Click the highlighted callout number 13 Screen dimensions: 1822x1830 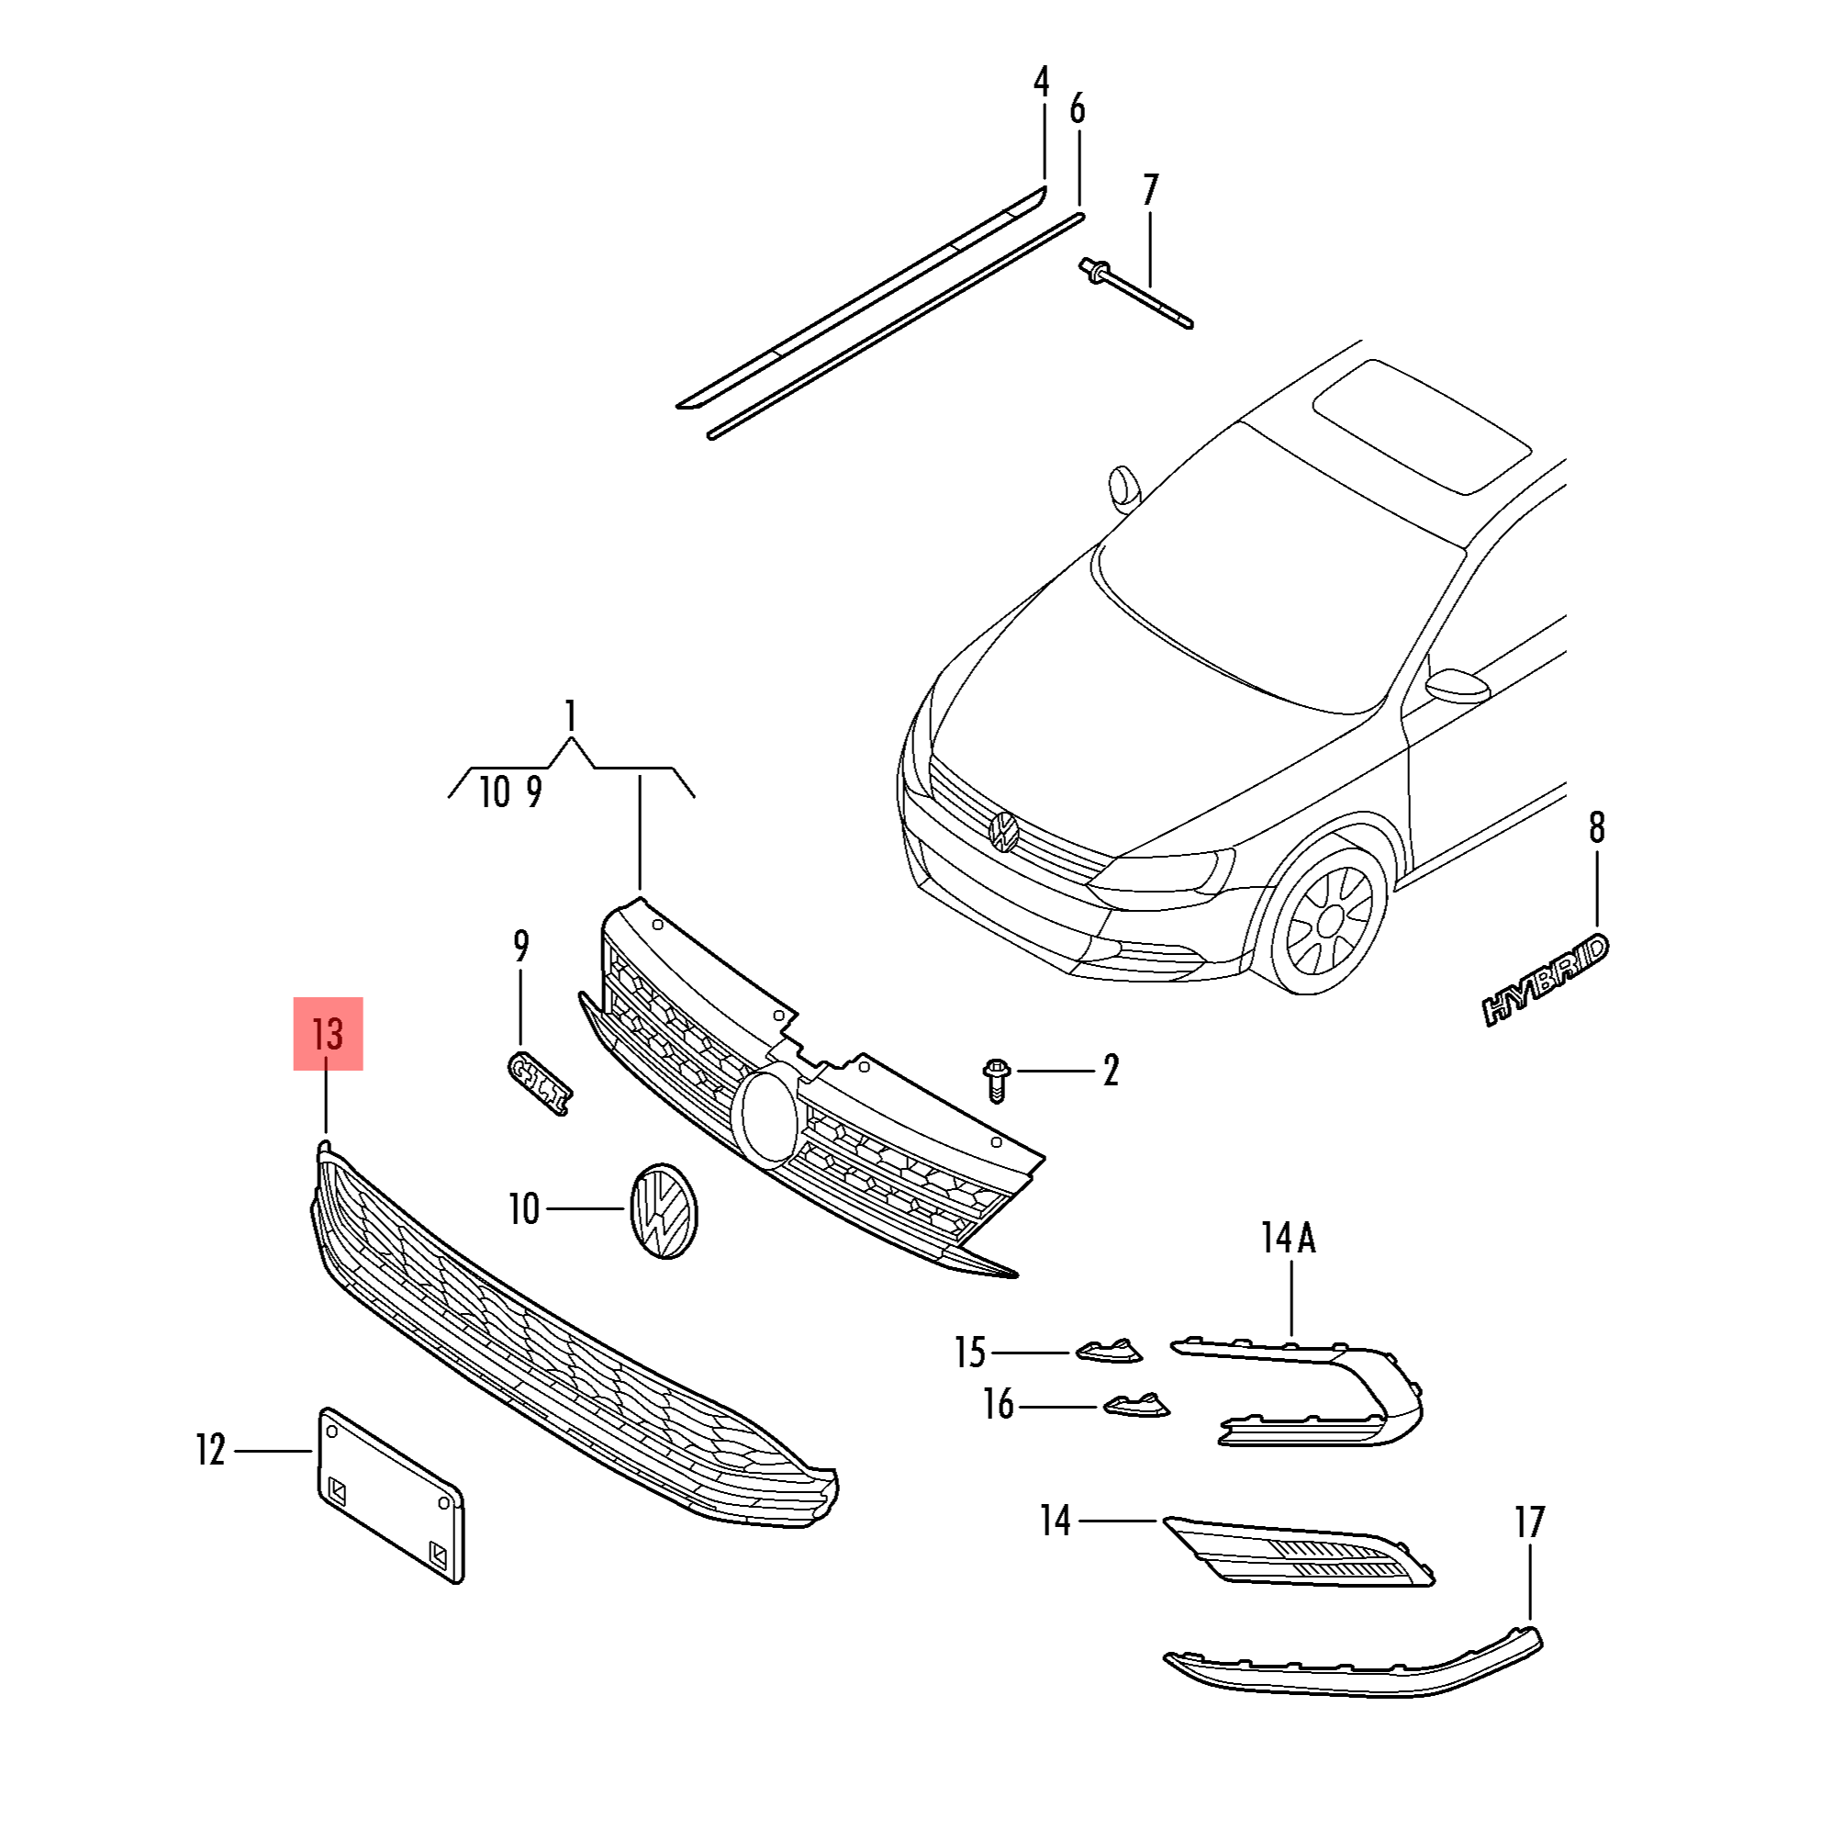coord(328,1033)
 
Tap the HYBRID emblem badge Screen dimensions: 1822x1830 coord(1546,980)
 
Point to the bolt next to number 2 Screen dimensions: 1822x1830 coord(997,1079)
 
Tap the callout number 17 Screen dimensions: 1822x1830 coord(1529,1523)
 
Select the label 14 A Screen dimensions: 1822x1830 coord(1288,1237)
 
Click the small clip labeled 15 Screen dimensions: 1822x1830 coord(1109,1350)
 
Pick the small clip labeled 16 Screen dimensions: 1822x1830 coord(1135,1404)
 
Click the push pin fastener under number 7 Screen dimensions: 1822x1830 coord(1135,294)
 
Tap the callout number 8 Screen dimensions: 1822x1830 coord(1596,827)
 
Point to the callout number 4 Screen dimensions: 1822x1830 coord(1042,83)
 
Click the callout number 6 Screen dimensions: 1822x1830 coord(1078,110)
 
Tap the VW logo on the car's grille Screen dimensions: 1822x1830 coord(1003,831)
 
